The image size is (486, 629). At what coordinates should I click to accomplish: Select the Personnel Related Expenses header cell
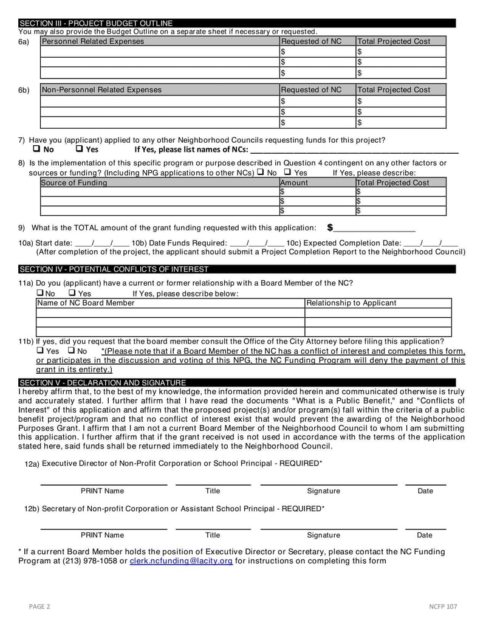[x=93, y=41]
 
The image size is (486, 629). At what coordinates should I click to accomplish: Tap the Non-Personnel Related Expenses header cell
[x=101, y=90]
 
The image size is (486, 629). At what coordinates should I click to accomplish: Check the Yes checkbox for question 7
[x=80, y=149]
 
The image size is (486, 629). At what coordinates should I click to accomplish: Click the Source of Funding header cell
[x=74, y=183]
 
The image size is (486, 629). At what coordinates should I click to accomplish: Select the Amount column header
[x=294, y=183]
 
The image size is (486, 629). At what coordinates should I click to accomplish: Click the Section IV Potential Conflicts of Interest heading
[x=114, y=269]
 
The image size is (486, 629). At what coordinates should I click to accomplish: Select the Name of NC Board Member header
[x=86, y=303]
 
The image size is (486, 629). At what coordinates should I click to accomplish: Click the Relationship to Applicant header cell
[x=351, y=303]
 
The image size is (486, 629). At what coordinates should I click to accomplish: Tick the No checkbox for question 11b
[x=71, y=351]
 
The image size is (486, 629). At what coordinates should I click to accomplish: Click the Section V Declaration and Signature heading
[x=103, y=383]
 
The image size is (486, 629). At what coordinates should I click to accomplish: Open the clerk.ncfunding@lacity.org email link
[x=181, y=561]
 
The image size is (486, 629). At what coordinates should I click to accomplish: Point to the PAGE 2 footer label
[x=40, y=607]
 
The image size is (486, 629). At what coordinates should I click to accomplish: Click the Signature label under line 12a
[x=323, y=491]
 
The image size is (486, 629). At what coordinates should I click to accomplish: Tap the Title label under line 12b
[x=213, y=535]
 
